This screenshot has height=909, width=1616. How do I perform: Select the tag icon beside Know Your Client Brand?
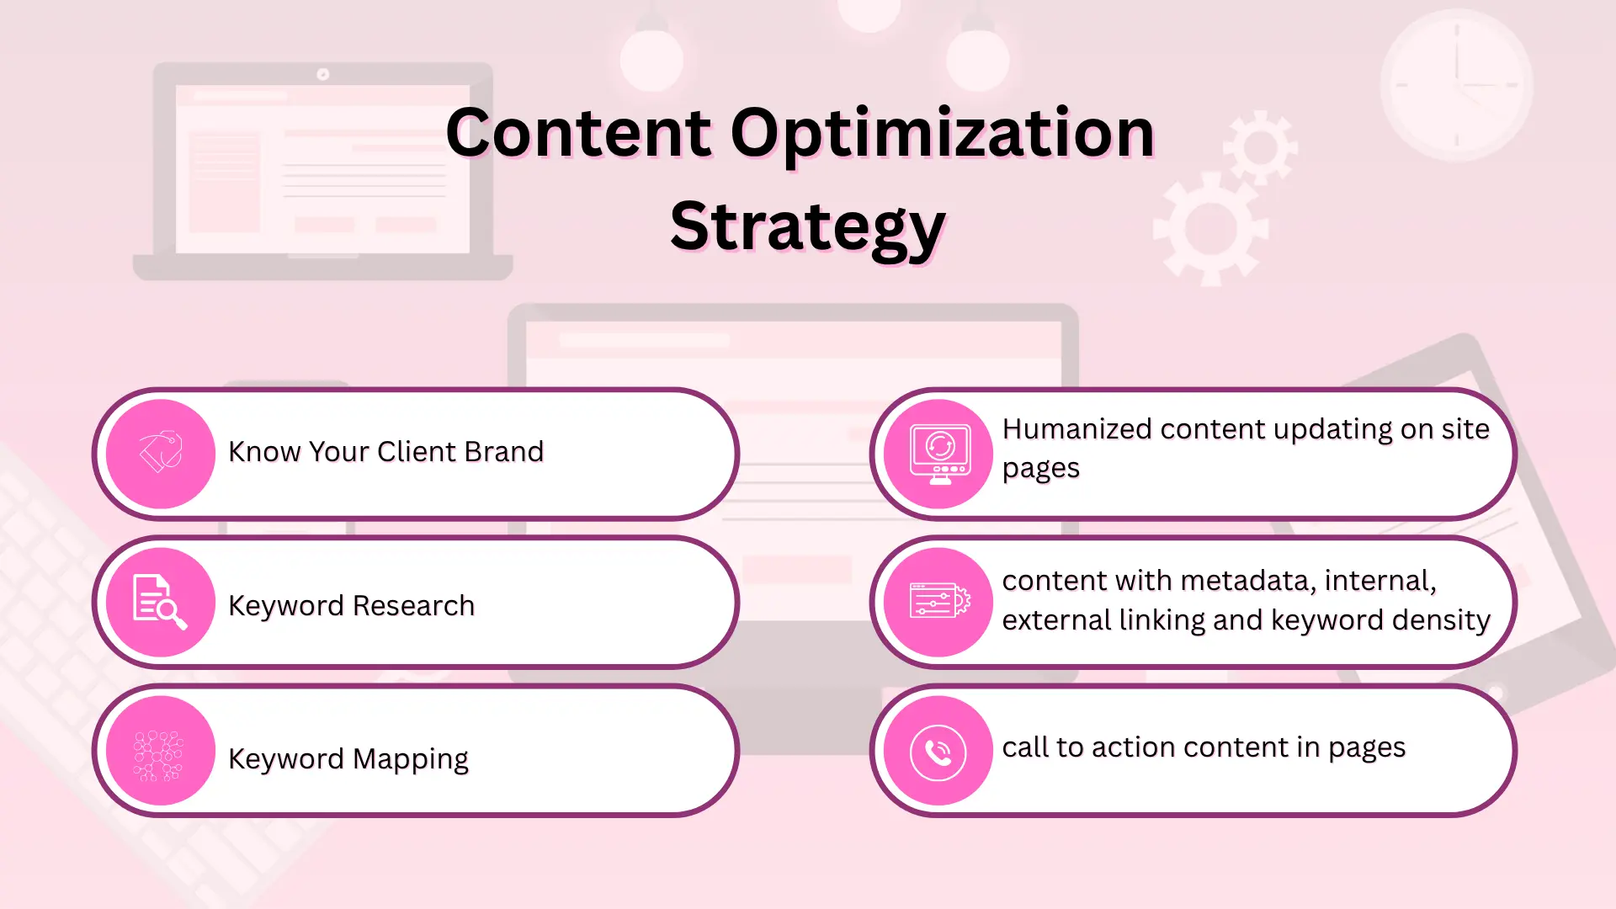tap(161, 453)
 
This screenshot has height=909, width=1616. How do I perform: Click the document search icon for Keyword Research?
tap(160, 602)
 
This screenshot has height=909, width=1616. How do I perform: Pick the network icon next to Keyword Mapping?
tap(159, 755)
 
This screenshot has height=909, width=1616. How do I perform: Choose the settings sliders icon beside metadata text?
tap(939, 601)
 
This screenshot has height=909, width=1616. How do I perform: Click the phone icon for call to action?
tap(938, 752)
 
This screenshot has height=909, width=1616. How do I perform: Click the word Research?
tap(412, 606)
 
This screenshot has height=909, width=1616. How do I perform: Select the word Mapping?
tap(410, 759)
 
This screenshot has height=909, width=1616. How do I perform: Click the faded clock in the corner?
tap(1456, 85)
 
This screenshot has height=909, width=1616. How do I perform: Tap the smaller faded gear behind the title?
tap(1260, 147)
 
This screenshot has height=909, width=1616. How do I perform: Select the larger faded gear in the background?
tap(1210, 229)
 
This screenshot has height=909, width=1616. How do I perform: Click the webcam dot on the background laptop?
tap(322, 74)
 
